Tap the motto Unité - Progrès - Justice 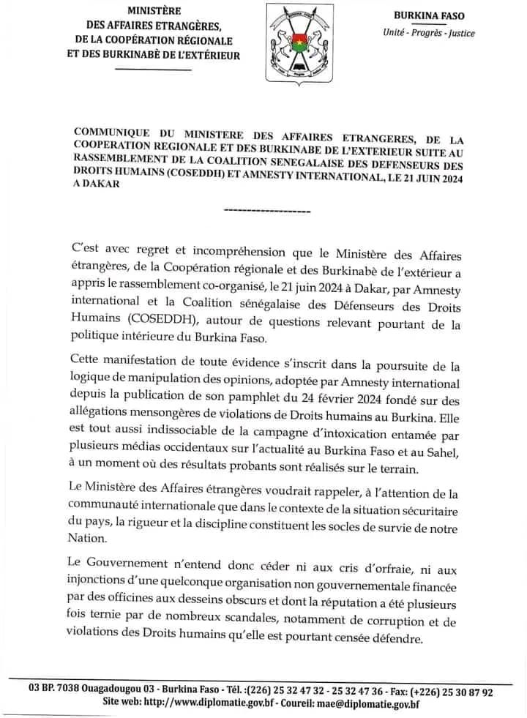coord(427,32)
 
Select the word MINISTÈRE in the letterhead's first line coord(154,11)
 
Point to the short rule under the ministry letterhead coord(154,69)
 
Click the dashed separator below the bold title coord(265,211)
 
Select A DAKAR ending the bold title coord(96,186)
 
